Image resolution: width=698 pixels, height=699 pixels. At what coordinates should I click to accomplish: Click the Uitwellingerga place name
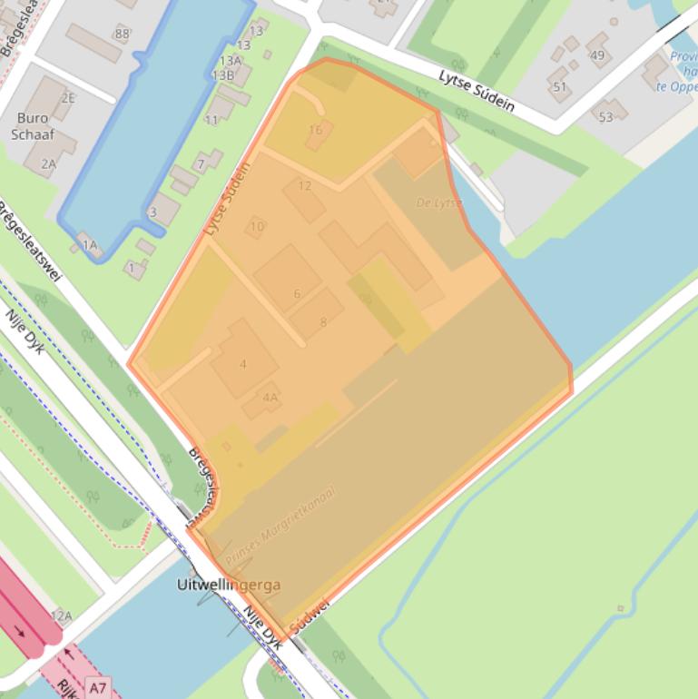point(229,586)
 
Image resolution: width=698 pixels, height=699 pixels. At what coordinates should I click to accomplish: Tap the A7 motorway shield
point(98,688)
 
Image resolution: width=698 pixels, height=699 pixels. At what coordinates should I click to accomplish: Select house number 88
point(122,34)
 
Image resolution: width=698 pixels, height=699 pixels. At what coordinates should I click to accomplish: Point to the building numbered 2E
point(68,98)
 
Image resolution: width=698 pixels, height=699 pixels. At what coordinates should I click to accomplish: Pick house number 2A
point(48,163)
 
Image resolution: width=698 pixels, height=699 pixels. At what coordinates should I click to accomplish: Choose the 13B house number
point(222,75)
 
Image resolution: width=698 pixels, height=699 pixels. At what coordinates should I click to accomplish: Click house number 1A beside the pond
point(89,244)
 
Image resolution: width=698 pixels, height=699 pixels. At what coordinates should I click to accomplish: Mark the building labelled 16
point(316,131)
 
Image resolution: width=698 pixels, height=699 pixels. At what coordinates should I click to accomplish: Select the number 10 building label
point(257,227)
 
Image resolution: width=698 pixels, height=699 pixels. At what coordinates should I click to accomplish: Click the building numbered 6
point(297,293)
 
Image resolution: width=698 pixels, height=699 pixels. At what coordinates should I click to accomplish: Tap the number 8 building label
point(322,321)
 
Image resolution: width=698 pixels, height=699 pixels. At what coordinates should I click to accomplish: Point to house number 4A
point(270,397)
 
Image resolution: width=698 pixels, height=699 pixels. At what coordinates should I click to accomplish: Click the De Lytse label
point(439,202)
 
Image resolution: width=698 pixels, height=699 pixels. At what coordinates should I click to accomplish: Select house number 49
point(596,55)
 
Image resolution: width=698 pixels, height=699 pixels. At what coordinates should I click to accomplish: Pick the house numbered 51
point(559,87)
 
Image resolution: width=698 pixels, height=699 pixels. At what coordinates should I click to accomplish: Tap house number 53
point(605,117)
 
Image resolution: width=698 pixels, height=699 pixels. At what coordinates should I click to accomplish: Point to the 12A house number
point(61,615)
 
